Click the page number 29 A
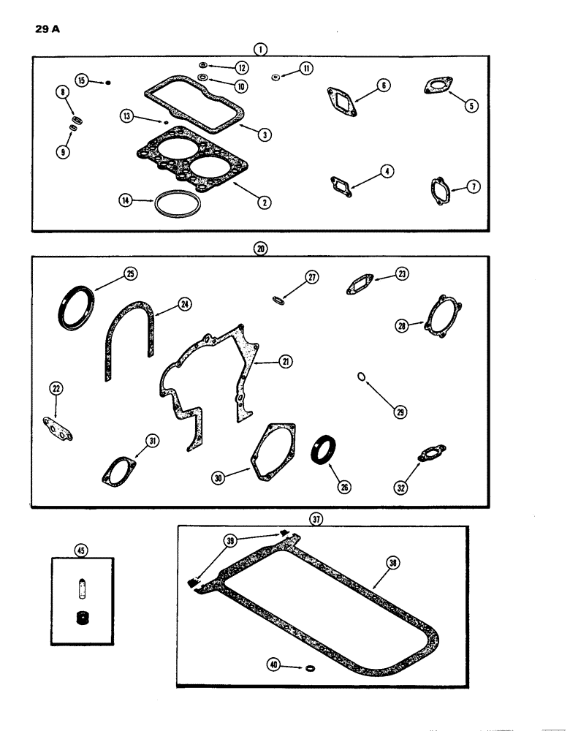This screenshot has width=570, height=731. coord(46,32)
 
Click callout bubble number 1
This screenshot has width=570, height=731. coord(260,50)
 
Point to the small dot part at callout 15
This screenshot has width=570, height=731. coord(108,81)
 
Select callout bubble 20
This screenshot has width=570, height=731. coord(260,249)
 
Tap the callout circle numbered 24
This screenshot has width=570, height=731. coord(185,304)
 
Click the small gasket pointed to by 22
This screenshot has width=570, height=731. coord(58,430)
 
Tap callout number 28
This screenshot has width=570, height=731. coord(401,326)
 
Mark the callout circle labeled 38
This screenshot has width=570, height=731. coord(393,564)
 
